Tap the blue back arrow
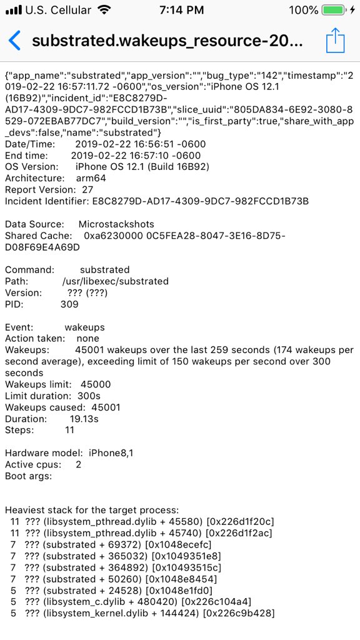point(14,41)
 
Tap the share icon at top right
point(336,41)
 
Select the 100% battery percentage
point(304,10)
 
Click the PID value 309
point(69,304)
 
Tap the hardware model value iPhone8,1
point(116,452)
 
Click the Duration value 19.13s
point(84,419)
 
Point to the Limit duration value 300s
point(87,396)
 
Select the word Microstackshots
point(116,224)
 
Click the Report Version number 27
point(87,189)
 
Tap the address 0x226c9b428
point(242,613)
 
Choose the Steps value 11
point(69,430)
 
